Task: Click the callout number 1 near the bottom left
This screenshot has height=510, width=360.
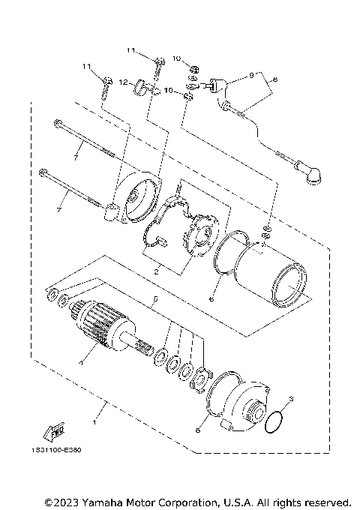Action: (x=94, y=412)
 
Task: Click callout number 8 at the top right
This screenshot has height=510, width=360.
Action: (x=274, y=79)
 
